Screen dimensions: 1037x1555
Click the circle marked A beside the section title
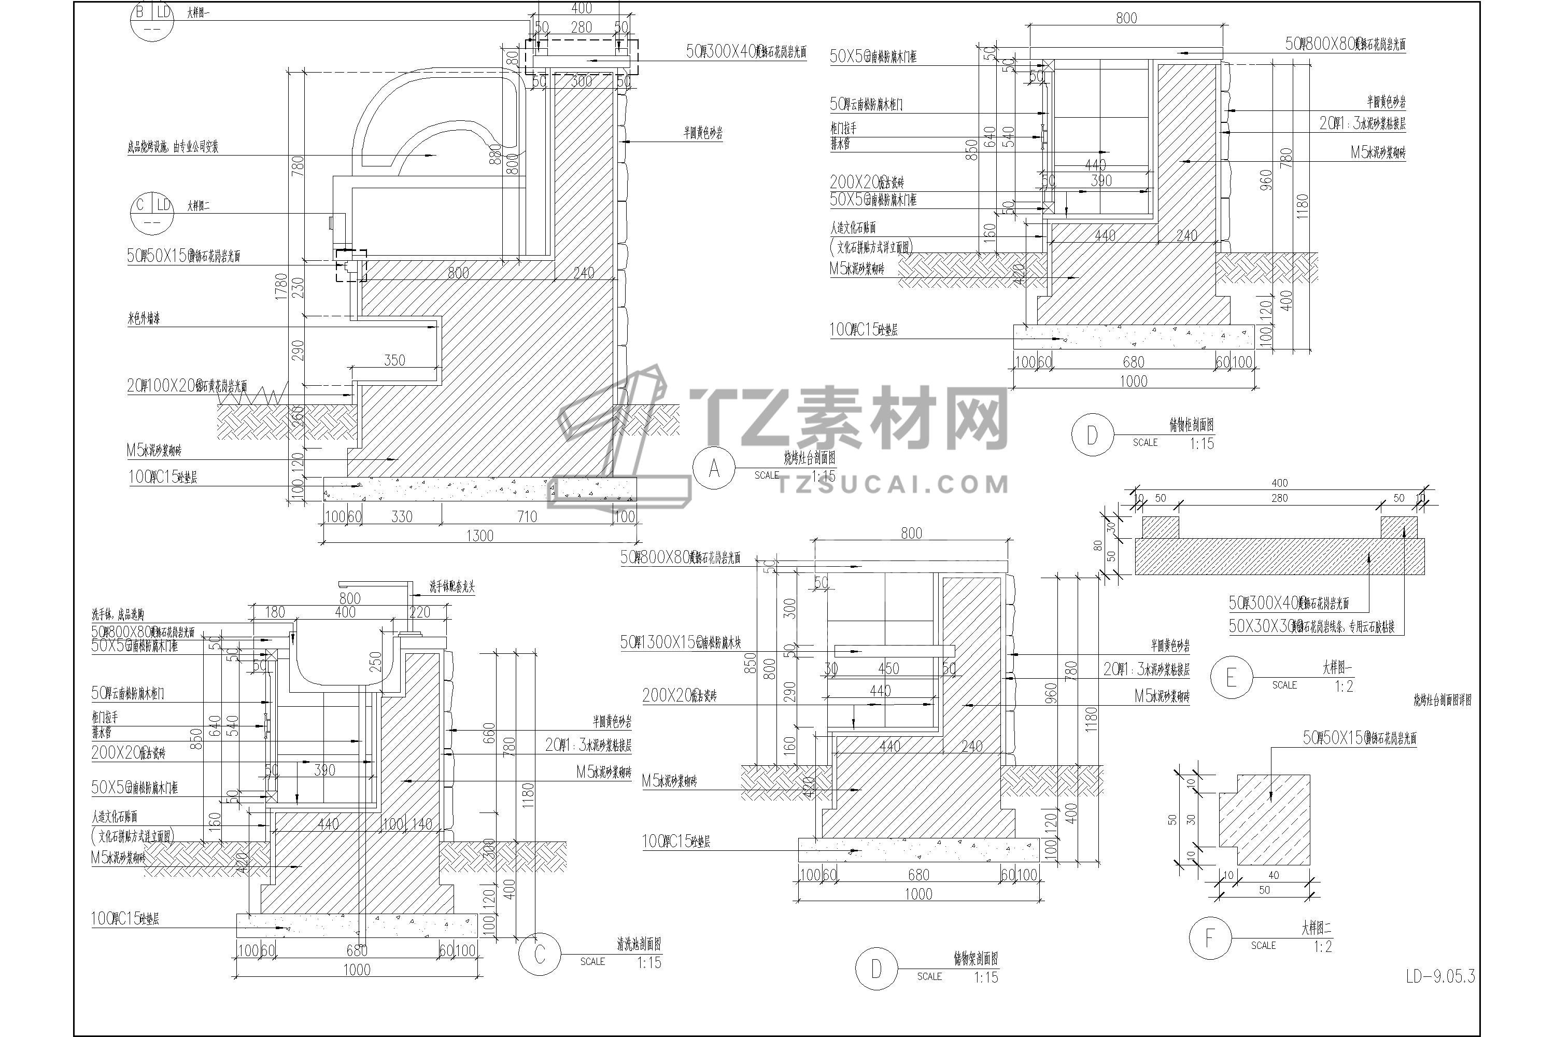pyautogui.click(x=713, y=468)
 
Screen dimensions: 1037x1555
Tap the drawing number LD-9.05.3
pyautogui.click(x=1440, y=976)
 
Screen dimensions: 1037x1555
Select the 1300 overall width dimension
pyautogui.click(x=480, y=535)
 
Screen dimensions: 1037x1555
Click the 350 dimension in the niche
pyautogui.click(x=394, y=360)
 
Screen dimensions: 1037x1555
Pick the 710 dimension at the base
pyautogui.click(x=527, y=516)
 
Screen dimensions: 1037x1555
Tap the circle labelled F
pyautogui.click(x=1210, y=938)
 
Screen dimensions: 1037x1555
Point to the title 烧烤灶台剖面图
pyautogui.click(x=809, y=458)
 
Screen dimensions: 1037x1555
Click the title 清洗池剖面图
pyautogui.click(x=638, y=944)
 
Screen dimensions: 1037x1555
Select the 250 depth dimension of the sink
pyautogui.click(x=375, y=662)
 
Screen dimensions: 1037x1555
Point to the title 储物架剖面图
pyautogui.click(x=975, y=958)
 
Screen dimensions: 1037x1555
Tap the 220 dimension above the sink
pyautogui.click(x=420, y=612)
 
